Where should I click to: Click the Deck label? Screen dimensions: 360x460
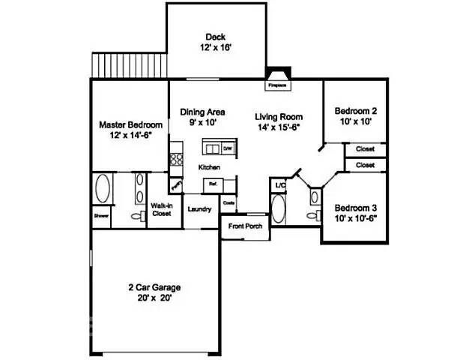point(217,37)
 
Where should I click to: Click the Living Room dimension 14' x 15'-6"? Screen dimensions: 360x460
point(279,128)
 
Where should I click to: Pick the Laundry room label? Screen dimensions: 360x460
point(199,209)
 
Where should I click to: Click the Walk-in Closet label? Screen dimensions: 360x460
point(161,209)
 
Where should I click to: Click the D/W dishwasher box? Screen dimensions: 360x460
point(227,148)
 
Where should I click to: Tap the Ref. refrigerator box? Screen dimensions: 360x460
point(213,183)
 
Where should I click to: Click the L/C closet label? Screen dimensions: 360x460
point(280,184)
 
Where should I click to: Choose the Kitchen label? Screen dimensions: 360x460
point(208,166)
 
